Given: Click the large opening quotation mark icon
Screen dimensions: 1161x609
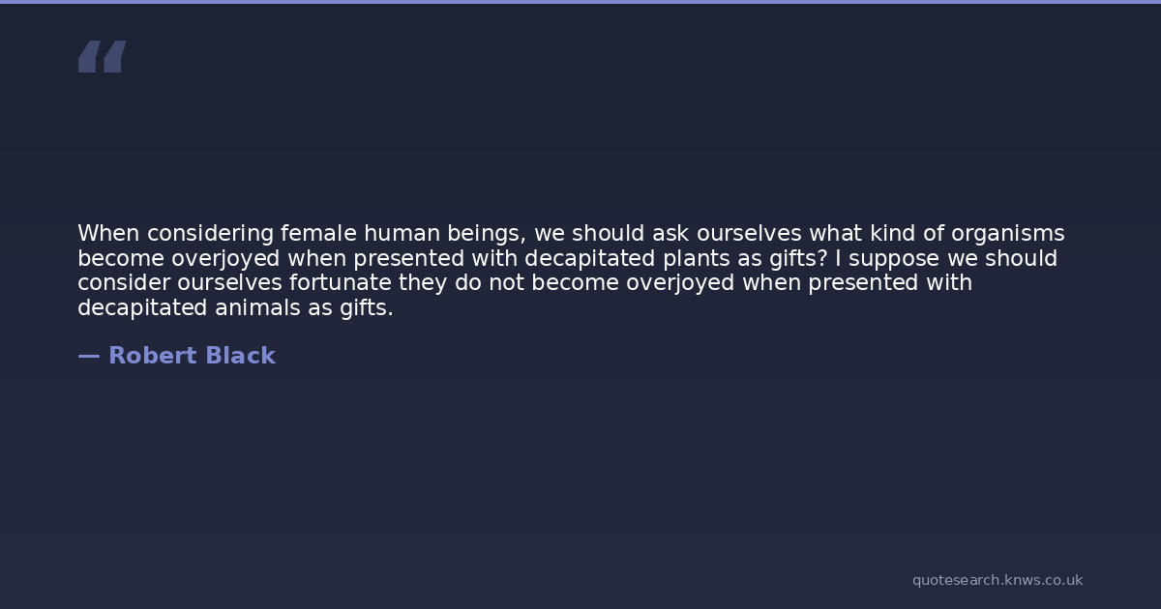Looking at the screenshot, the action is point(103,56).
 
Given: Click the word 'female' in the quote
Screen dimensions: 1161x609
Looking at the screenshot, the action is point(318,233).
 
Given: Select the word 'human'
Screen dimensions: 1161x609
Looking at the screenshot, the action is point(402,233).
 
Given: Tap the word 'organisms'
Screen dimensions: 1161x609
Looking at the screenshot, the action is point(1007,234).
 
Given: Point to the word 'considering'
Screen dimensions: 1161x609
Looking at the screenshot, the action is point(211,234).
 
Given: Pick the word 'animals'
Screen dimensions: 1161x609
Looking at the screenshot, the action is point(257,307).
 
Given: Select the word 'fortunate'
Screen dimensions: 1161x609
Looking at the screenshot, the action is point(340,282).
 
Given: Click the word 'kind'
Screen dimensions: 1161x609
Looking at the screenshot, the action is point(892,233).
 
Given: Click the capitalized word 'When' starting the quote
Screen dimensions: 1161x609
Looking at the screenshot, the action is point(108,233).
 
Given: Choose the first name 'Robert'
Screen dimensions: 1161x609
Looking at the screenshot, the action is point(153,356).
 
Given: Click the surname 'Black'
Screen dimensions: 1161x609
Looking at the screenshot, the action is point(241,356).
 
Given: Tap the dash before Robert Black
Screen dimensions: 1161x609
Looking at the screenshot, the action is point(89,357).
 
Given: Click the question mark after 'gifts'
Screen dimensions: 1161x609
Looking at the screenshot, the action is point(822,258).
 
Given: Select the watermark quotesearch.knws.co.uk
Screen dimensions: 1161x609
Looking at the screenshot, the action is point(997,580).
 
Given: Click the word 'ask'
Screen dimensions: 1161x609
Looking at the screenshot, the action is point(670,233).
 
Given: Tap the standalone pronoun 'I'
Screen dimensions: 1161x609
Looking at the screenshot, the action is point(838,258).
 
